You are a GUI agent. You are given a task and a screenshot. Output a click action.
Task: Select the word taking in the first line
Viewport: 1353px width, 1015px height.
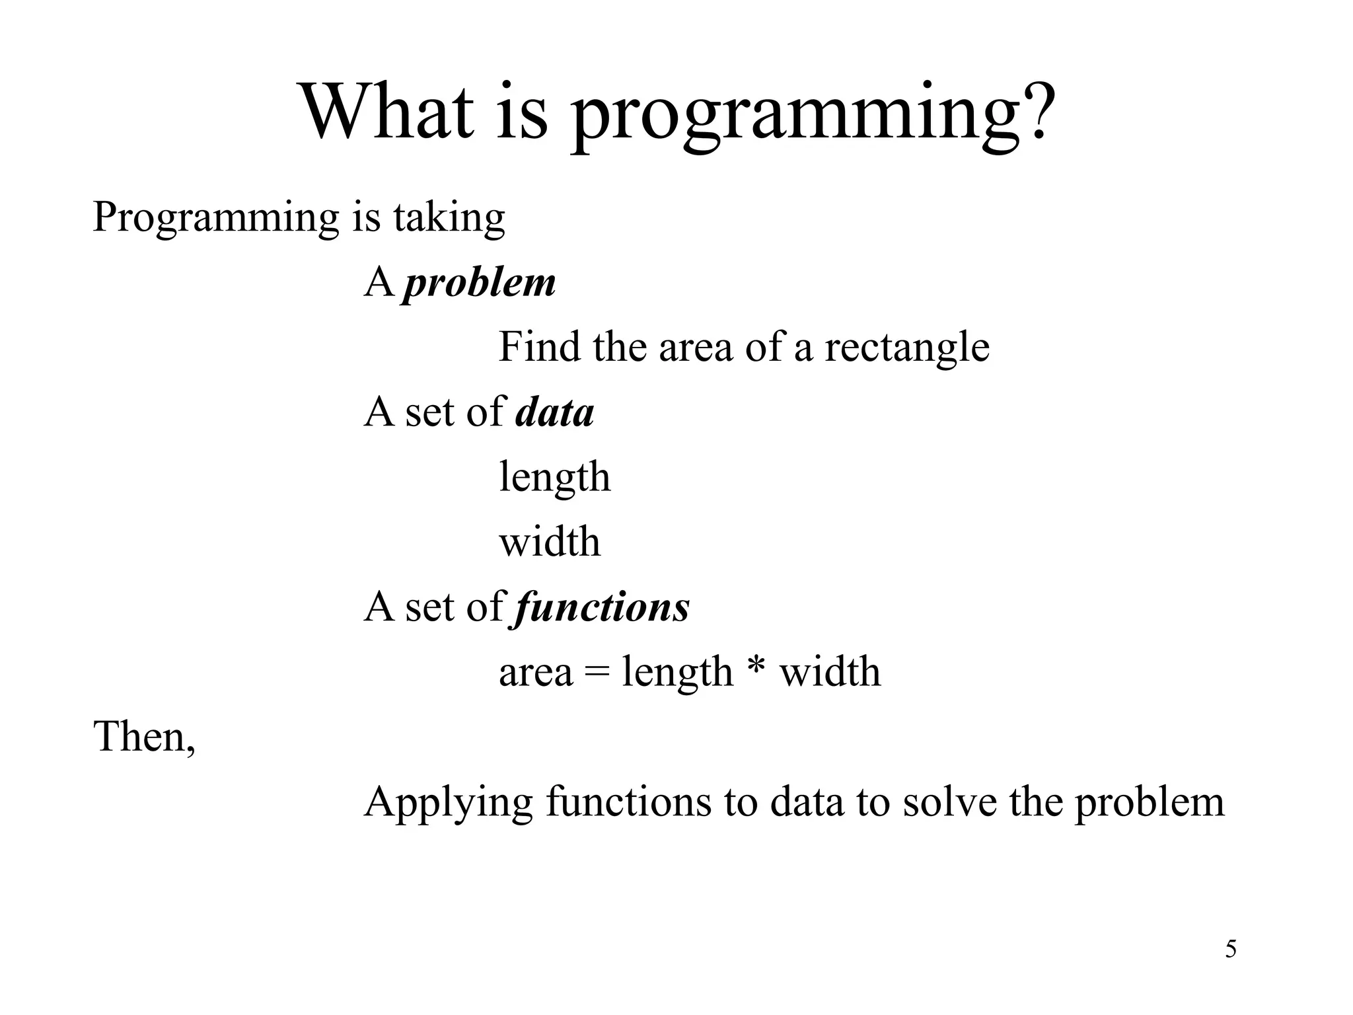point(449,218)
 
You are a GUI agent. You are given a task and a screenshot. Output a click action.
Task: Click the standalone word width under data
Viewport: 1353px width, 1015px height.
point(550,542)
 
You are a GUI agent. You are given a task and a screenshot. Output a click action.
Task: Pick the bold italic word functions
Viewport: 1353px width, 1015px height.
point(602,607)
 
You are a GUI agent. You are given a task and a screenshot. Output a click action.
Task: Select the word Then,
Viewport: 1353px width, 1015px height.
point(145,737)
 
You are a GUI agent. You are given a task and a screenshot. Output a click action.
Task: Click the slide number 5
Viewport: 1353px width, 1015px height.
point(1231,950)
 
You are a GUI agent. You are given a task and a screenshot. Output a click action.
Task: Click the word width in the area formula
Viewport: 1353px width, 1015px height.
point(830,672)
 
